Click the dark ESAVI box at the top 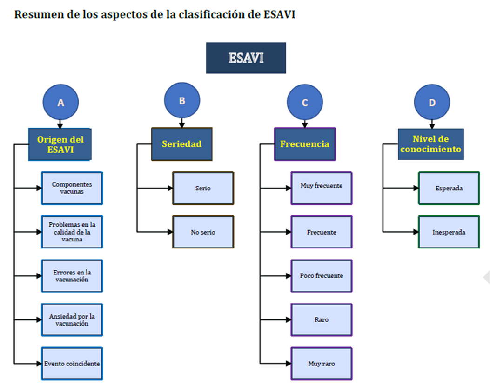click(x=246, y=58)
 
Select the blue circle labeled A click(x=60, y=102)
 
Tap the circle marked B click(x=182, y=100)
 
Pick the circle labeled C click(x=305, y=102)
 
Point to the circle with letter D click(x=432, y=102)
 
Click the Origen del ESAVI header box click(x=60, y=144)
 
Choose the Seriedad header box click(x=182, y=144)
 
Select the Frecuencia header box click(x=305, y=144)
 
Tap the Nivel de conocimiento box click(x=431, y=144)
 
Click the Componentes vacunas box click(x=72, y=188)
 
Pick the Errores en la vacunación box click(x=72, y=276)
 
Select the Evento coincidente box click(x=72, y=364)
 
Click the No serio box click(x=203, y=232)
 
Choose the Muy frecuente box click(x=322, y=188)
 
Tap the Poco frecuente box click(x=322, y=276)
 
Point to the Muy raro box click(x=322, y=364)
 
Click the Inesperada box click(x=449, y=232)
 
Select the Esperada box click(x=449, y=188)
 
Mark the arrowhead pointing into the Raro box click(x=289, y=319)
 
